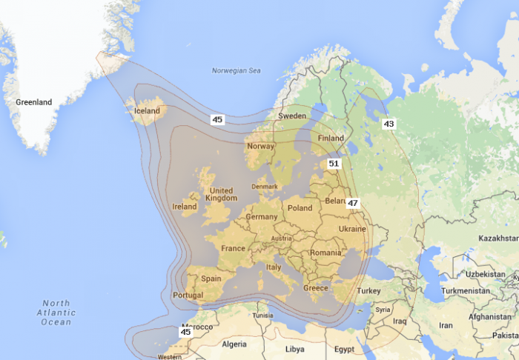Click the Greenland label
[34, 101]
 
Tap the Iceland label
[147, 111]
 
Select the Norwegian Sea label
[237, 71]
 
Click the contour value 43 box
[389, 124]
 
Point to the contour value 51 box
[334, 164]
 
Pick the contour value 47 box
[353, 203]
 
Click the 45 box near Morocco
[185, 332]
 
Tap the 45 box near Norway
[217, 119]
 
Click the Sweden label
[292, 116]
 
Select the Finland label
[331, 139]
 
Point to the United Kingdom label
[222, 194]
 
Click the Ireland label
[185, 207]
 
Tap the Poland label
[300, 208]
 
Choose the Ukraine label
[352, 229]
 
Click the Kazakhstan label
[498, 239]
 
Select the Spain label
[211, 279]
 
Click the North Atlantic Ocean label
[56, 313]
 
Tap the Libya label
[294, 348]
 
